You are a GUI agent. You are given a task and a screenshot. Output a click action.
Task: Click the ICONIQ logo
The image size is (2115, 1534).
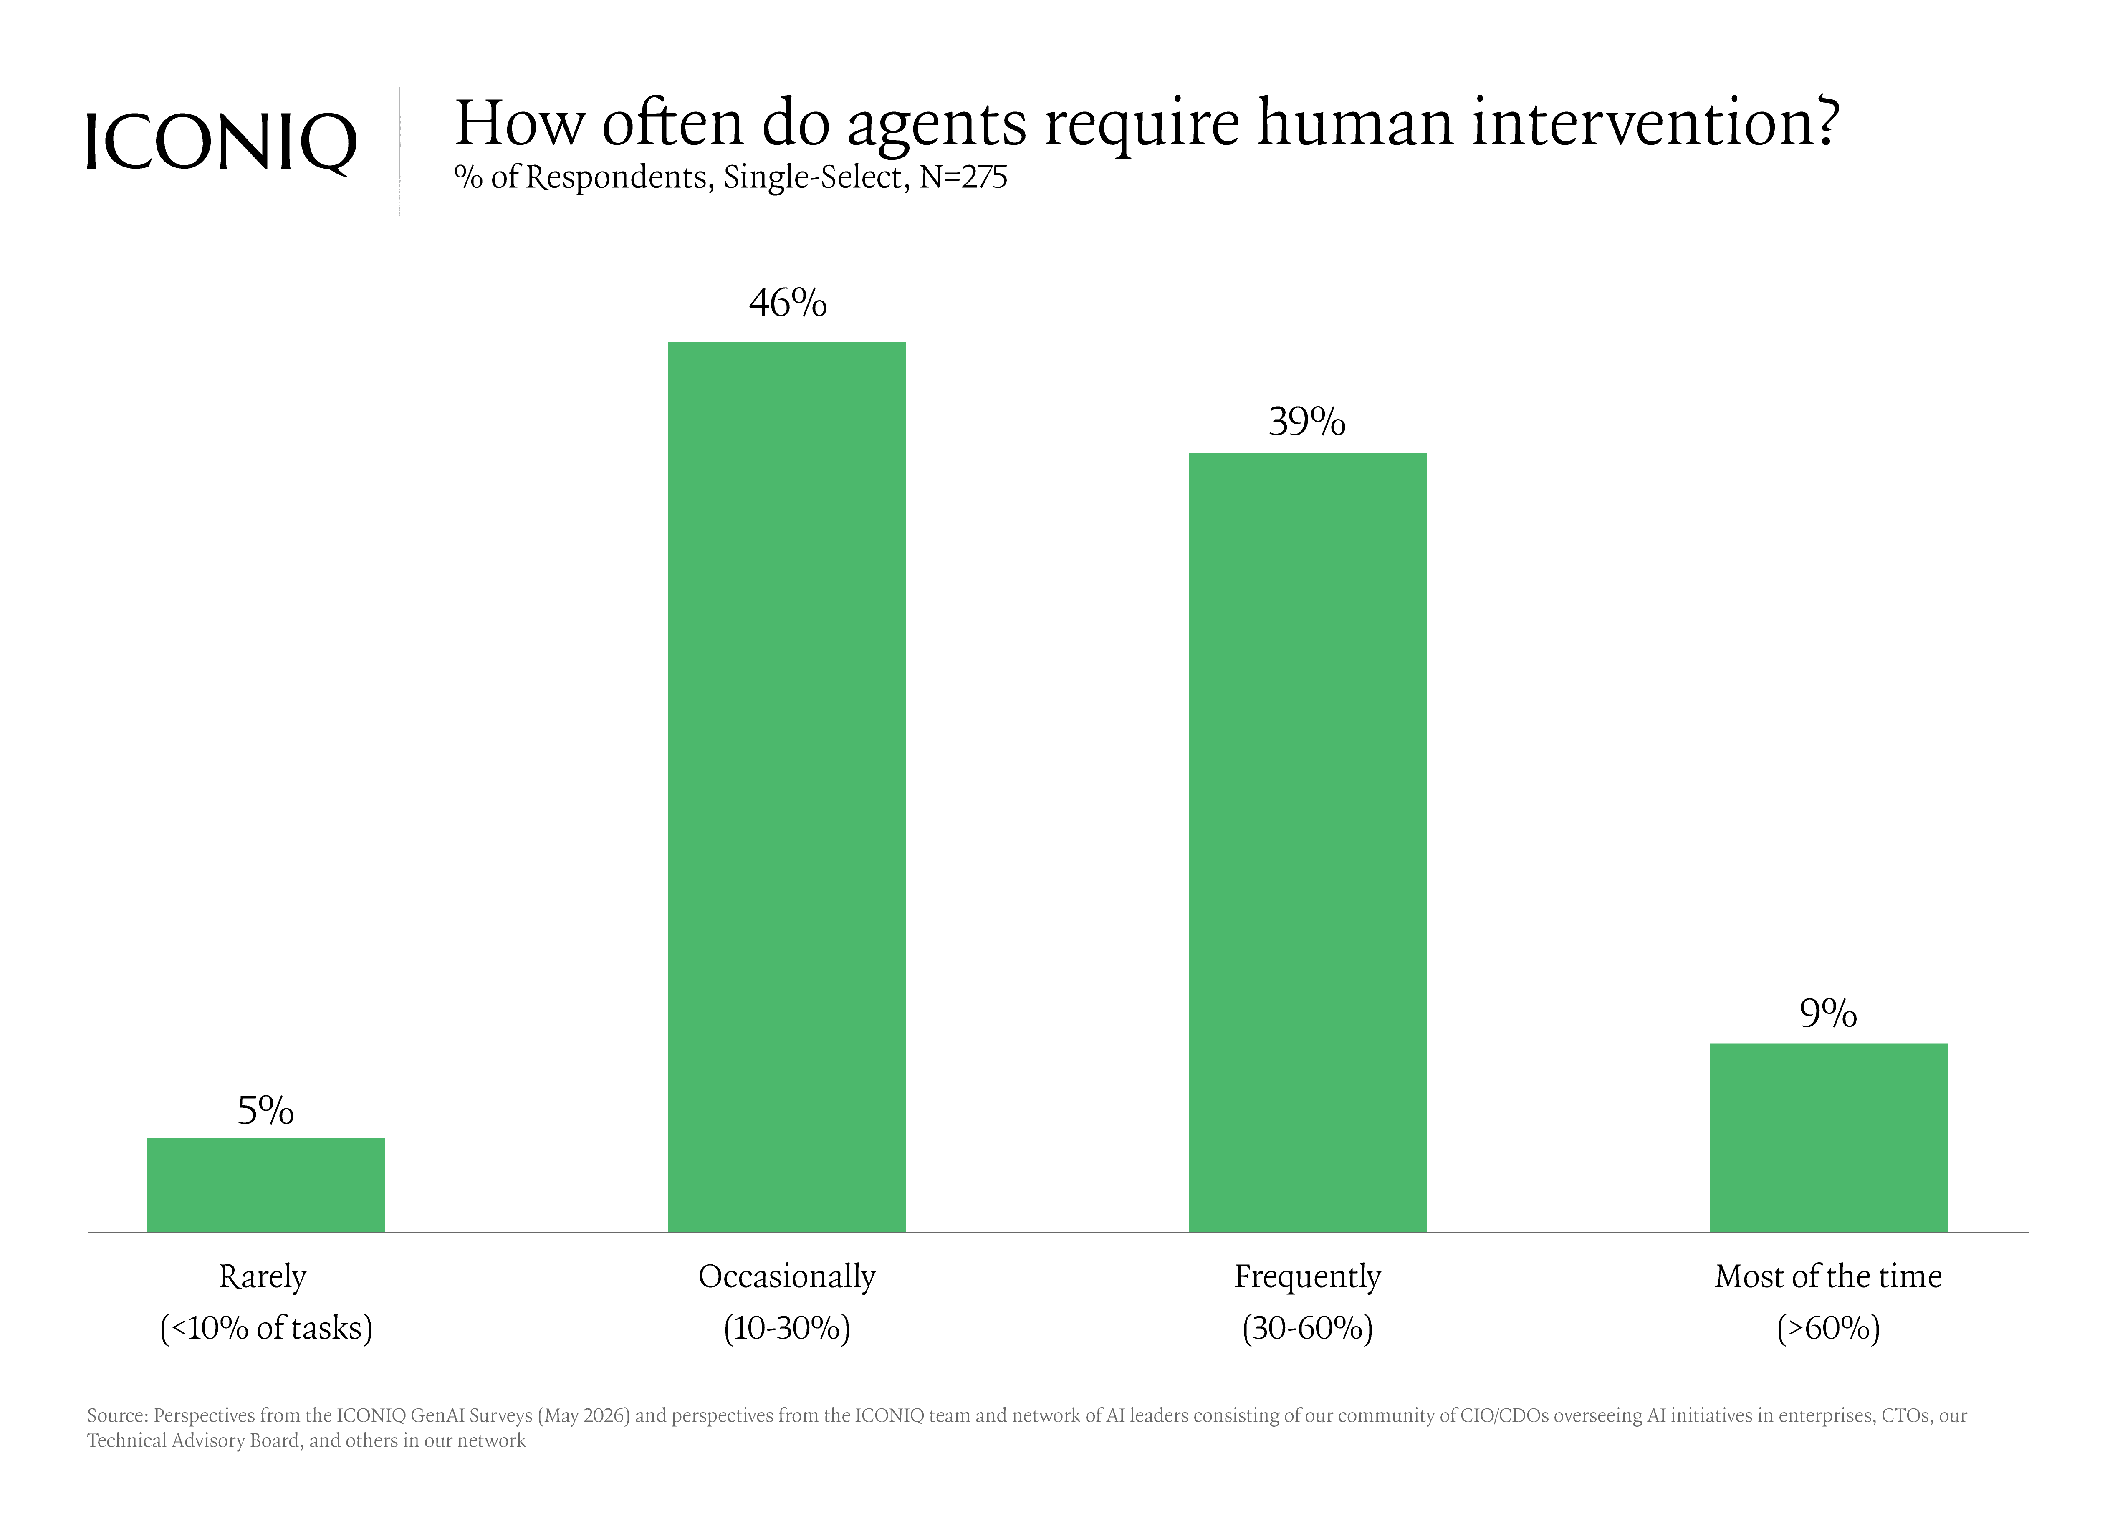[x=221, y=143]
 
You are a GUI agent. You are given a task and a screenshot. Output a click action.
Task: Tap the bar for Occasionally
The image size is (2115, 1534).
[x=787, y=787]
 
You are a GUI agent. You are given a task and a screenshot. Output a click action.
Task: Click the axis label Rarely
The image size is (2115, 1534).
[x=263, y=1276]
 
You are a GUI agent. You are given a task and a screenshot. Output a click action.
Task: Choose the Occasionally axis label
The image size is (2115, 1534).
[x=787, y=1276]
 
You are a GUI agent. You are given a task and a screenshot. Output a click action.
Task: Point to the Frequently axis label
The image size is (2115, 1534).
[x=1307, y=1276]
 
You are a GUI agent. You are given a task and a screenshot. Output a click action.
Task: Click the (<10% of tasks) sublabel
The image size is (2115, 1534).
[x=266, y=1328]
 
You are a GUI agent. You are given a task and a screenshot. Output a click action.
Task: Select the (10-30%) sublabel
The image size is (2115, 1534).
[x=787, y=1328]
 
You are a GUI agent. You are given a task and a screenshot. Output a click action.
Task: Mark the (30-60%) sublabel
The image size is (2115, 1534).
[x=1307, y=1328]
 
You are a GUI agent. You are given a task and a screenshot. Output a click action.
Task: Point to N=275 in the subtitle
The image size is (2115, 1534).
[x=963, y=177]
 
